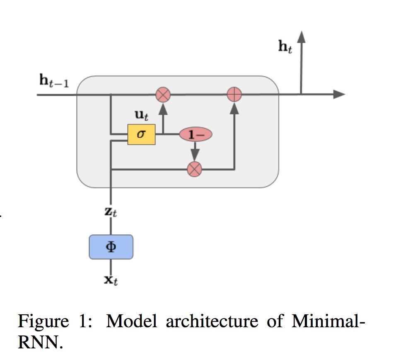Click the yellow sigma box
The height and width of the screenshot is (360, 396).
pyautogui.click(x=141, y=134)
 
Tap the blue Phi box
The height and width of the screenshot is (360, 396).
pyautogui.click(x=111, y=247)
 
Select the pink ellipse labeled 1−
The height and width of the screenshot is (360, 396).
pyautogui.click(x=196, y=134)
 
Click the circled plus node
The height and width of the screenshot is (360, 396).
pyautogui.click(x=234, y=95)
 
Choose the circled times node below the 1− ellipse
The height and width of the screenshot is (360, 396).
pyautogui.click(x=195, y=169)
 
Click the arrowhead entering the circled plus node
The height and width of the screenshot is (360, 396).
pyautogui.click(x=234, y=108)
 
